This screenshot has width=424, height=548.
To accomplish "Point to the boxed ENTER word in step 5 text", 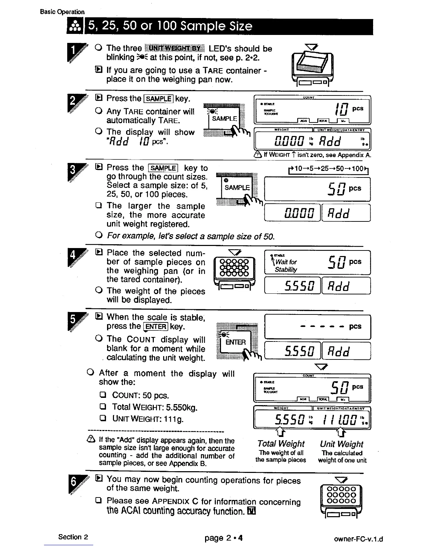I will pos(156,327).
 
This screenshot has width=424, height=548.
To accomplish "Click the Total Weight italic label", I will pos(281,444).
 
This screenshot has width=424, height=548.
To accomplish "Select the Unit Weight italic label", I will pos(342,444).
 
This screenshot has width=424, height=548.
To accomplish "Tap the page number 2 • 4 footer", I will pos(223,538).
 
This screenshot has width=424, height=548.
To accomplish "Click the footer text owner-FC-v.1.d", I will pos(359,539).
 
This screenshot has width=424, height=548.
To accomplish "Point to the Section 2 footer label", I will pos(73,537).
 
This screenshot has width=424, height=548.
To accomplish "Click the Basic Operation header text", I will pos(62,12).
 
